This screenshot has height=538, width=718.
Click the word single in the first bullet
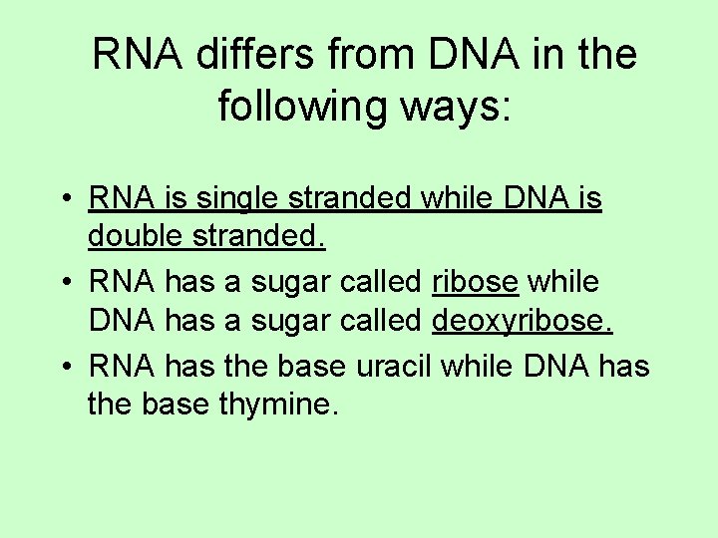coord(237,198)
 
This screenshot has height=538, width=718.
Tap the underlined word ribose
coord(475,282)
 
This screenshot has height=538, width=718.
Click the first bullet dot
coord(63,198)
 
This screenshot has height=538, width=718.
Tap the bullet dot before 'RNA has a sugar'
coord(63,283)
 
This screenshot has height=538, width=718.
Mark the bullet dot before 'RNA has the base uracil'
coord(63,367)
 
